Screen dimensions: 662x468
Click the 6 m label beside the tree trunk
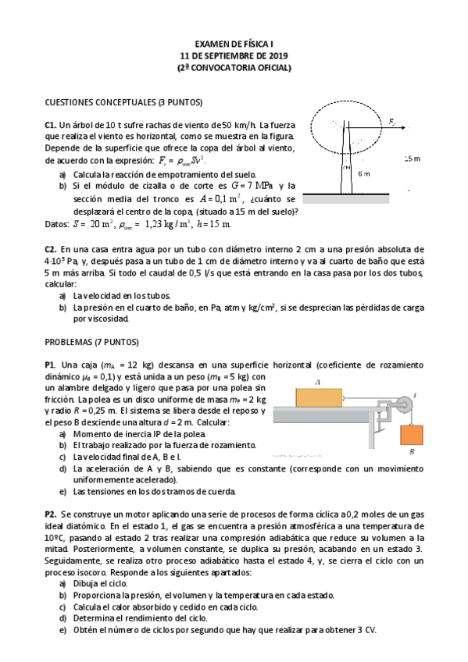click(x=363, y=174)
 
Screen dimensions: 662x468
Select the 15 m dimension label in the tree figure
click(x=412, y=158)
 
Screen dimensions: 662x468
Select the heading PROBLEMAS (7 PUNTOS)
click(x=91, y=342)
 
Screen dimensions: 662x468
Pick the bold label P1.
click(x=51, y=365)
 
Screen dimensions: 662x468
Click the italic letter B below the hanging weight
click(x=412, y=452)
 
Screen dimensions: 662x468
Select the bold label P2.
click(x=51, y=516)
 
